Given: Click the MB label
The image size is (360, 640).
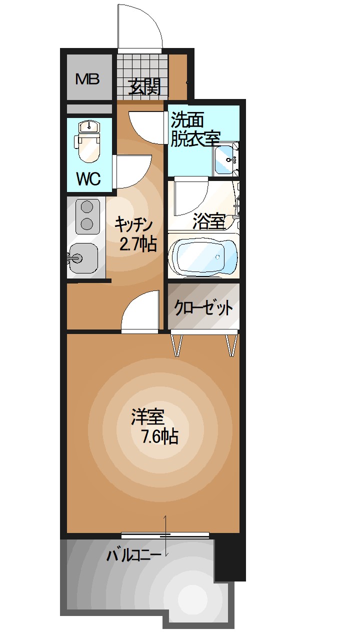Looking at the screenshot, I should click(x=87, y=78).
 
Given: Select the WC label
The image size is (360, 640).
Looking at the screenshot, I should click(x=88, y=178).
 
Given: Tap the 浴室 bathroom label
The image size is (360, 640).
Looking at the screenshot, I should click(x=208, y=221).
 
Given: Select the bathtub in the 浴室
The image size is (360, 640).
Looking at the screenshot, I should click(x=202, y=256).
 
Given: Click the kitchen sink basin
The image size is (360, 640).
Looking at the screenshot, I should click(x=83, y=258).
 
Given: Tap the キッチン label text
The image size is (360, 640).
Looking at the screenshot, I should click(x=133, y=223).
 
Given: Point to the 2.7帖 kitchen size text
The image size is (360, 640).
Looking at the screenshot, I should click(x=138, y=244).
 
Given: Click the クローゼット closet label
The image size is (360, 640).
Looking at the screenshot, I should click(x=203, y=308).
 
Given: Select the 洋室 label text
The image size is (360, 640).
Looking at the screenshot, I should click(x=148, y=417).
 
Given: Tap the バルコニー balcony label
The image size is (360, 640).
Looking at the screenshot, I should click(x=133, y=555).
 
